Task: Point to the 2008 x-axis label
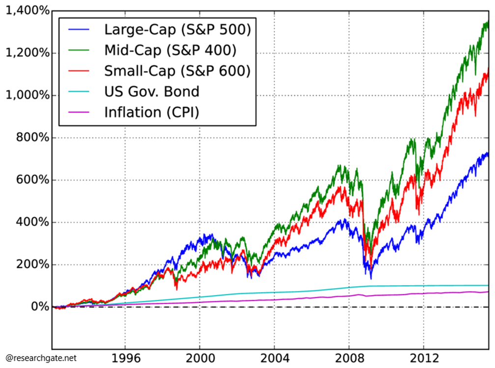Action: [x=349, y=356]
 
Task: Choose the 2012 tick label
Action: [x=424, y=356]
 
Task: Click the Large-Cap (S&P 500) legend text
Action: [x=177, y=30]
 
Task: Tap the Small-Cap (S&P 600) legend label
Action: [x=177, y=71]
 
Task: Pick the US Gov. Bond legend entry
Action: [x=152, y=92]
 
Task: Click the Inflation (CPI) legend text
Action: [x=151, y=112]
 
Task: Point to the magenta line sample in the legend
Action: [x=79, y=112]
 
